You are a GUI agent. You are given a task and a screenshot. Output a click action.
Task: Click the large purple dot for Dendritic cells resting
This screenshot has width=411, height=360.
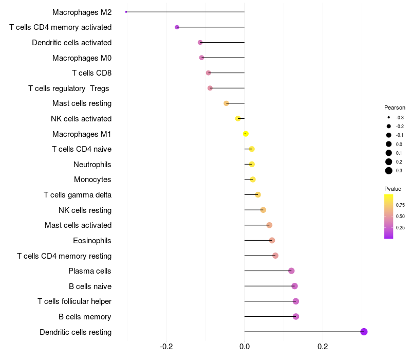[x=364, y=332]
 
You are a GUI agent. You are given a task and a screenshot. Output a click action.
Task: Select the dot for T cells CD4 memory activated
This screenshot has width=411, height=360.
[x=177, y=27]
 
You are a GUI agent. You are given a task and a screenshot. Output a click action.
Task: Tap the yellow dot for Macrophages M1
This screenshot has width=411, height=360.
[x=246, y=134]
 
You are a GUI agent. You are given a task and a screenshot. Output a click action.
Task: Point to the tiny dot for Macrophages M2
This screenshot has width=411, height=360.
[x=126, y=12]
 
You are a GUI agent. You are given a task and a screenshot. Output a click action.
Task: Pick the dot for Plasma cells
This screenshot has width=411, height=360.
[x=291, y=271]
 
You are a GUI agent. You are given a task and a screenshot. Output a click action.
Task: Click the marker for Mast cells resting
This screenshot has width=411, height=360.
[x=226, y=103]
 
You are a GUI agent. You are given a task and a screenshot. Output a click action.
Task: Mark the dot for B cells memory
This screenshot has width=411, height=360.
[x=296, y=316]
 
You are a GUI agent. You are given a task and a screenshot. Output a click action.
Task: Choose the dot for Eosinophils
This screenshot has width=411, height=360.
[x=272, y=240]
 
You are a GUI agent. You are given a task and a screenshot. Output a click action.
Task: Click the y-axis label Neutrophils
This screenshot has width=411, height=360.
[x=92, y=165]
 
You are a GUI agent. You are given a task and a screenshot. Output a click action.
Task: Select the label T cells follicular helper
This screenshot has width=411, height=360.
[x=74, y=301]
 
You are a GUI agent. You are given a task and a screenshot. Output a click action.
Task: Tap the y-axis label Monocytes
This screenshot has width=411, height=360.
[x=92, y=179]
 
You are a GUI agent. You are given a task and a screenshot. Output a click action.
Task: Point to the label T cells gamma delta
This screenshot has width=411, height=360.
[x=78, y=195]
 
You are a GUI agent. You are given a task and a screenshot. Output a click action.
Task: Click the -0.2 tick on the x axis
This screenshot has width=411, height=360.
[x=166, y=347]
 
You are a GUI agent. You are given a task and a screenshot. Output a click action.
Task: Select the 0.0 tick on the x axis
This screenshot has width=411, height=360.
[x=245, y=347]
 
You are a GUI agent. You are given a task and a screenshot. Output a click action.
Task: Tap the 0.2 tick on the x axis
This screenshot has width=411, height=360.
[x=323, y=347]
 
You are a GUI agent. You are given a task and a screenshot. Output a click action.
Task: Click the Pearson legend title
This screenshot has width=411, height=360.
[x=395, y=108]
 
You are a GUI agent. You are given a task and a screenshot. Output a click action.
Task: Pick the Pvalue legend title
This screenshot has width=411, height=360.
[x=393, y=189]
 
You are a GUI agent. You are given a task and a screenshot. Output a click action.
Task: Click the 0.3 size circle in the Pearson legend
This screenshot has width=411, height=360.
[x=389, y=171]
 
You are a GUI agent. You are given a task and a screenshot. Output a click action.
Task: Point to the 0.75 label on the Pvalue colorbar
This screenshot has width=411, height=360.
[x=400, y=205]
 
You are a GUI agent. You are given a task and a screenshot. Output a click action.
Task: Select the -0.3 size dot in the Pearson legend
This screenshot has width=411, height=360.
[x=389, y=118]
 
